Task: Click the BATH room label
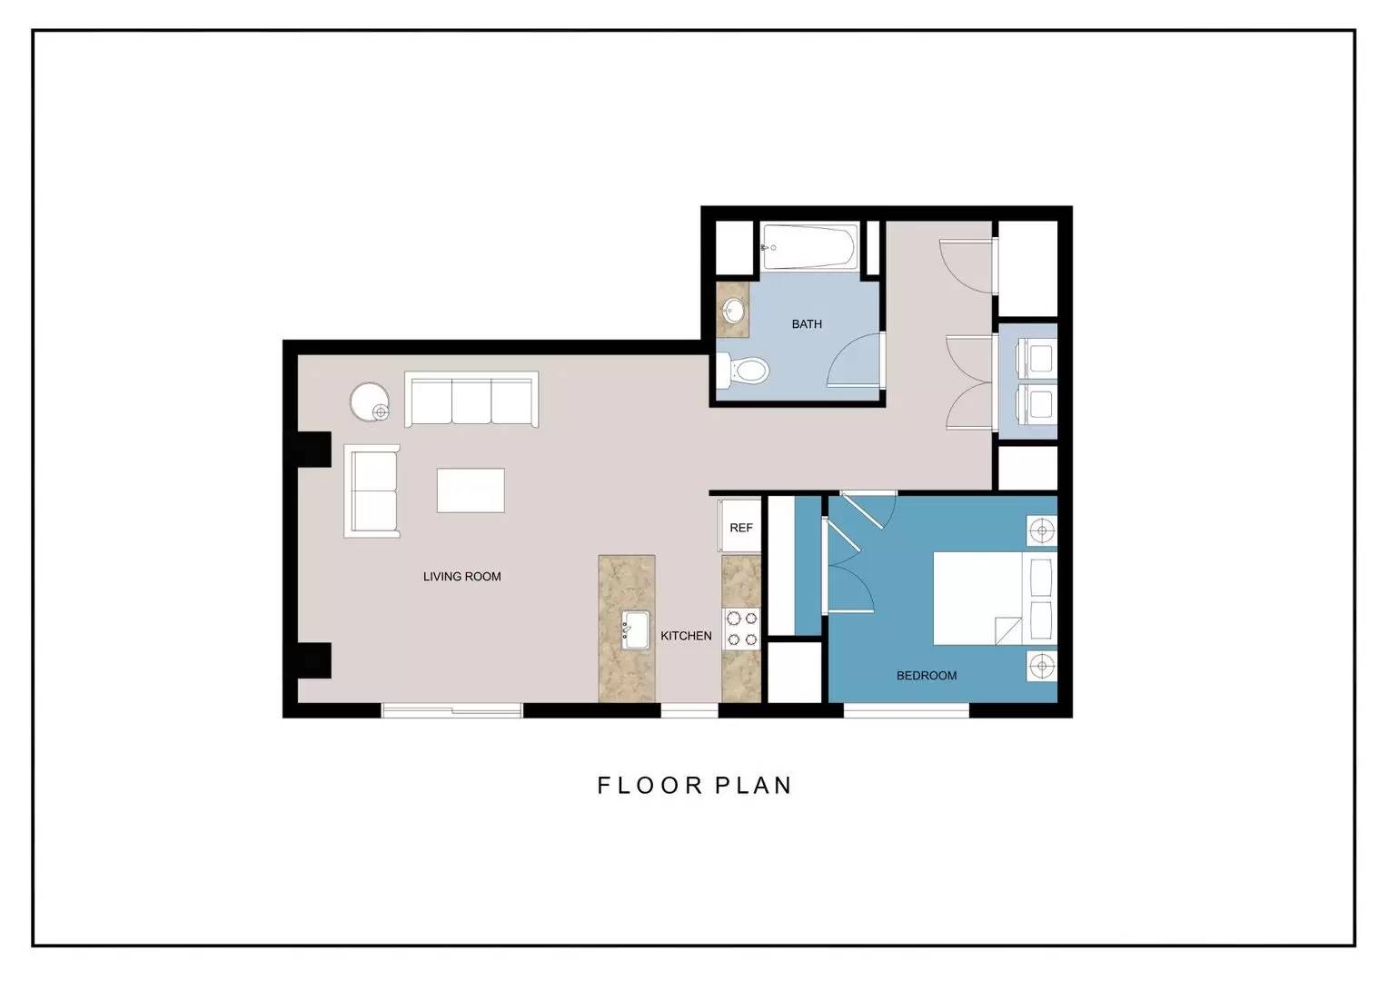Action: pos(807,324)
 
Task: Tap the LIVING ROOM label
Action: pos(462,576)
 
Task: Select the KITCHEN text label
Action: pos(686,636)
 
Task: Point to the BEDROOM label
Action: pos(927,676)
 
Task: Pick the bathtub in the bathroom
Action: pos(810,247)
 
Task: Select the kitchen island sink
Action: pos(636,629)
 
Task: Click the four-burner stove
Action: pos(742,629)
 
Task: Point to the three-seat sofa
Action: pos(471,399)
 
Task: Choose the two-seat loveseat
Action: pos(372,490)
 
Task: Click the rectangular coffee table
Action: pos(471,490)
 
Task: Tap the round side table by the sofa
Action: pos(370,401)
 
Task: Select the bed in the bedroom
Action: pos(996,598)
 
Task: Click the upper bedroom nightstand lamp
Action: pos(1042,530)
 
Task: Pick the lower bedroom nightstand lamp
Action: pos(1042,666)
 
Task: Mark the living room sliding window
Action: pos(451,710)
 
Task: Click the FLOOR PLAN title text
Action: pos(694,786)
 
